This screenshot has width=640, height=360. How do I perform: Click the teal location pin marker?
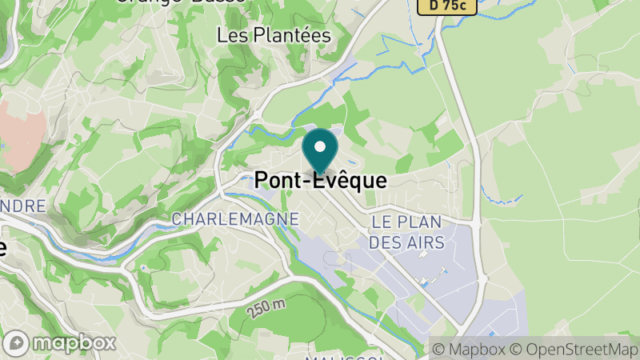[320, 150]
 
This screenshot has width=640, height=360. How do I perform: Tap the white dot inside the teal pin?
[320, 146]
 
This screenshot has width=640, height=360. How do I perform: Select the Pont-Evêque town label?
[320, 182]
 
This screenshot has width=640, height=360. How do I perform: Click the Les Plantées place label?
[274, 35]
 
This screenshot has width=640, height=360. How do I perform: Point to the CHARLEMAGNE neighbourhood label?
[235, 218]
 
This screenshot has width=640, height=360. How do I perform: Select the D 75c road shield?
[447, 6]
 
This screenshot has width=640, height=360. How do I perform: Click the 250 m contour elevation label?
[266, 307]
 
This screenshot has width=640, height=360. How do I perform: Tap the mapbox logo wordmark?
[77, 343]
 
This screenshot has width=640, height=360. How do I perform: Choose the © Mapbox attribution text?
[469, 350]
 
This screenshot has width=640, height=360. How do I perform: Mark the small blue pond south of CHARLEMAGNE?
[143, 267]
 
